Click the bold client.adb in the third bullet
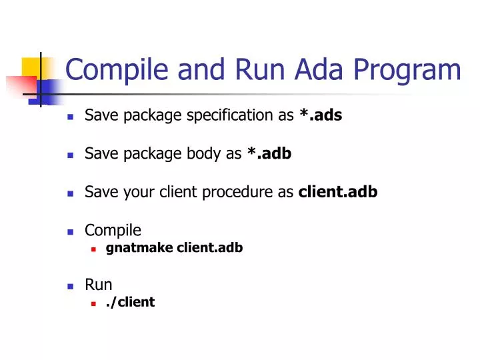pyautogui.click(x=337, y=192)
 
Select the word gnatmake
pyautogui.click(x=139, y=248)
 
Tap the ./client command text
pyautogui.click(x=130, y=302)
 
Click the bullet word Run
pyautogui.click(x=98, y=285)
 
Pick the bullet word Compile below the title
pyautogui.click(x=113, y=231)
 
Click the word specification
pyautogui.click(x=229, y=115)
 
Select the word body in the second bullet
pyautogui.click(x=203, y=154)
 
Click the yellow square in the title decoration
pyautogui.click(x=31, y=68)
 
